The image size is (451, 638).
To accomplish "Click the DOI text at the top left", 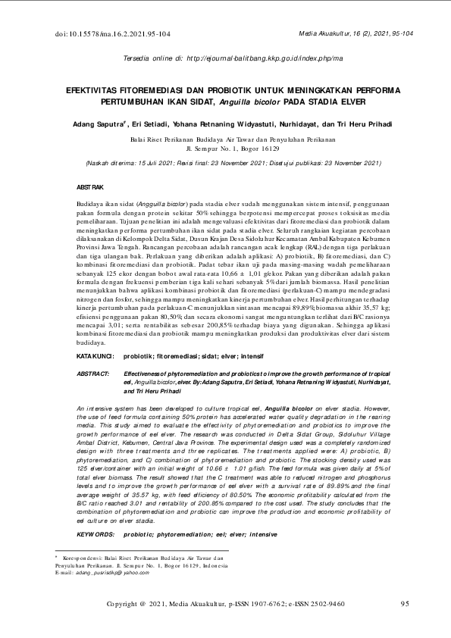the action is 113,34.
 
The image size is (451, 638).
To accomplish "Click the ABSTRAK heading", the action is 91,186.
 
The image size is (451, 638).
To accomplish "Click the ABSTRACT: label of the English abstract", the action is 94,374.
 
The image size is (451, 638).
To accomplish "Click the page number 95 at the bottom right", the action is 405,603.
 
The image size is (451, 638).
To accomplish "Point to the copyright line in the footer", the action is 226,603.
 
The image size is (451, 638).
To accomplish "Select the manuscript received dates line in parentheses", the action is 224,162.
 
